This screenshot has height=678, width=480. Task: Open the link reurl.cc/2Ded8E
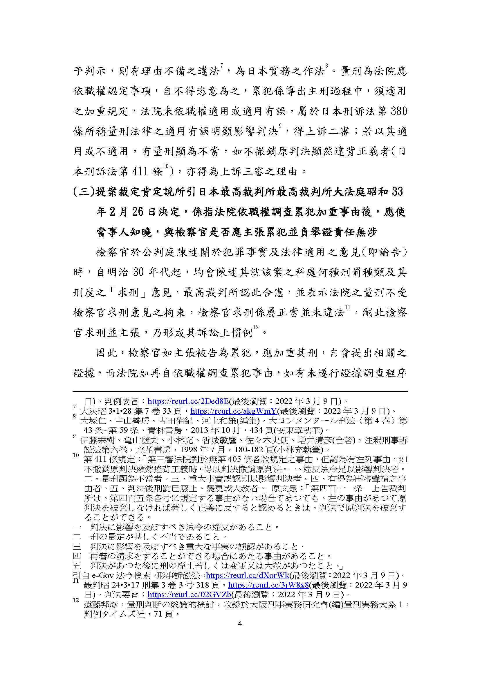pos(188,401)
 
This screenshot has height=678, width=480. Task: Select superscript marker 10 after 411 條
pos(165,167)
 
